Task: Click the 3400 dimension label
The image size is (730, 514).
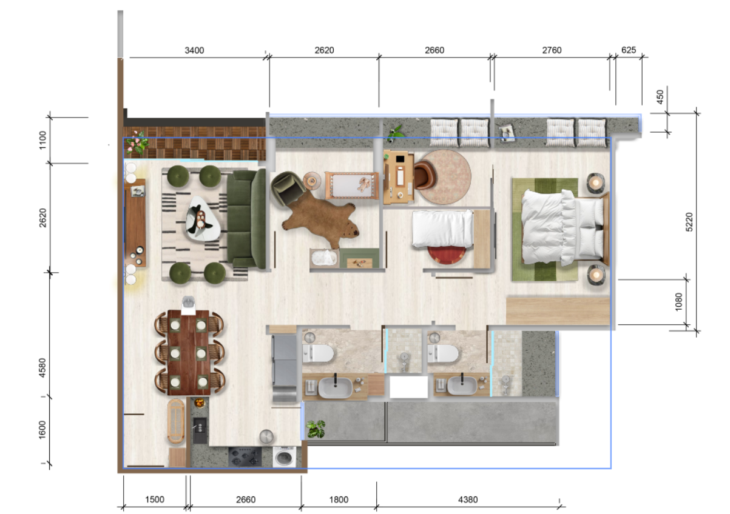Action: coord(194,50)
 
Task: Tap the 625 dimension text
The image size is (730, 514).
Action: coord(629,50)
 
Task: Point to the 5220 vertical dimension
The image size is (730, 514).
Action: coord(689,222)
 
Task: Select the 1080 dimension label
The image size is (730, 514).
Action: coord(678,302)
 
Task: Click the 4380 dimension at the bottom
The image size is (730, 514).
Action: coord(468,499)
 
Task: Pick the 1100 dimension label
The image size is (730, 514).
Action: coord(42,140)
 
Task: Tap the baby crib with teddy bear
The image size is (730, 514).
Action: coord(352,185)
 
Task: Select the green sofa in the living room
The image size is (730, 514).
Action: coord(246,219)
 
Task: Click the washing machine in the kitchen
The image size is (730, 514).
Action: coord(284,457)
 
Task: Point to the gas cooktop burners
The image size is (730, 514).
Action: coord(245,456)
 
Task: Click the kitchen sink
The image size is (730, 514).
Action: coord(200,430)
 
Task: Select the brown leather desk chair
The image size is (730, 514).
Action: coord(424,175)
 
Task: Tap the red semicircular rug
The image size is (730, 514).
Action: coord(447,255)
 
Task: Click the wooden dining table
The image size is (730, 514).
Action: coord(189,353)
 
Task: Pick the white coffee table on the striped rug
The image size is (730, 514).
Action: coord(203,219)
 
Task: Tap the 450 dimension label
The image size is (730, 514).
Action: coord(660,97)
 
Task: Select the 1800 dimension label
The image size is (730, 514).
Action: coord(339,499)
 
